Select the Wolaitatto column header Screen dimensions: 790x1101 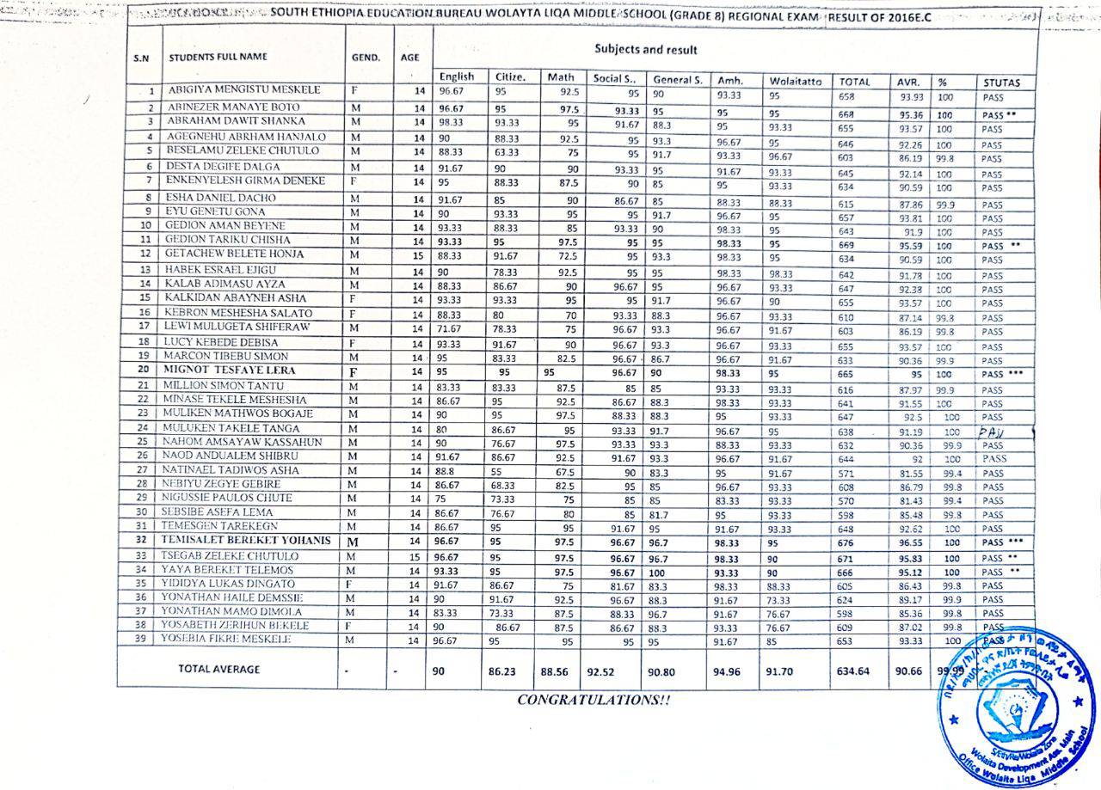click(796, 82)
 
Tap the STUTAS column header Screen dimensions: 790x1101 click(1001, 83)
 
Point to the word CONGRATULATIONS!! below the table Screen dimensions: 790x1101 click(594, 700)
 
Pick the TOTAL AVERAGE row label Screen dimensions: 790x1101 click(218, 669)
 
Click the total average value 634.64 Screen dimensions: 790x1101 click(853, 671)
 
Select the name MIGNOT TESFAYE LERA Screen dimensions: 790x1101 click(226, 371)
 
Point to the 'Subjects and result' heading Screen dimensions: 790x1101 click(646, 50)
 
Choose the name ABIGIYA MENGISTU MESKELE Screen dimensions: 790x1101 click(243, 89)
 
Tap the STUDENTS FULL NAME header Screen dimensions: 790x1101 click(218, 58)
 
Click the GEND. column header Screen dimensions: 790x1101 click(366, 58)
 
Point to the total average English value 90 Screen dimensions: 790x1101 click(439, 671)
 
